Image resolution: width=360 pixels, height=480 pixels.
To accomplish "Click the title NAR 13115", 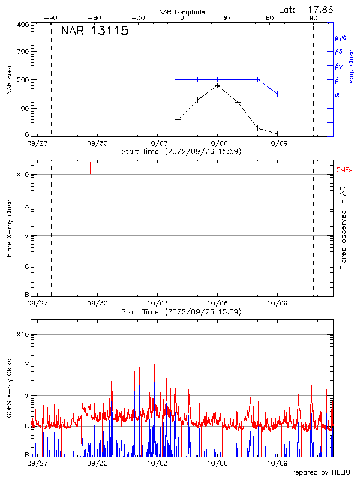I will click(95, 32).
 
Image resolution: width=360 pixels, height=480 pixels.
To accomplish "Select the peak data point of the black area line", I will click(218, 85).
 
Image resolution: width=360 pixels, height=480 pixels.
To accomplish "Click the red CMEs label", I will click(344, 170).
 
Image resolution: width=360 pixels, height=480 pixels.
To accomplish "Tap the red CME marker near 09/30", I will click(91, 167).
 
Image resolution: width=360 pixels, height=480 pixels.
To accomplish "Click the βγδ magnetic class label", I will click(341, 37).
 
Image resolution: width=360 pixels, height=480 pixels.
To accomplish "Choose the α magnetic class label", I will click(337, 94).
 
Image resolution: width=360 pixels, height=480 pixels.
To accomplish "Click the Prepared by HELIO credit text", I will click(319, 473).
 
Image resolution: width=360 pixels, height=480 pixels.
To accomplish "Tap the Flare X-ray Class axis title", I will click(9, 229).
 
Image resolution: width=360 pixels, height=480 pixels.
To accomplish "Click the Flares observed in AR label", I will click(343, 229).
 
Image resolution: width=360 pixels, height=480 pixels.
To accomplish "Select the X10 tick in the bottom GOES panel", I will click(22, 334).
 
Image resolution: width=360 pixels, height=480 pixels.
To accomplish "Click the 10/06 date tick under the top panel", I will click(217, 143).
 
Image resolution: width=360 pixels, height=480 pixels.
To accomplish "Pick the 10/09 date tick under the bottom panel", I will click(277, 463).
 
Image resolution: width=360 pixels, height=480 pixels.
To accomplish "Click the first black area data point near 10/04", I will click(178, 119).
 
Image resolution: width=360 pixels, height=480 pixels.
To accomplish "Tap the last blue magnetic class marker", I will click(298, 94).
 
